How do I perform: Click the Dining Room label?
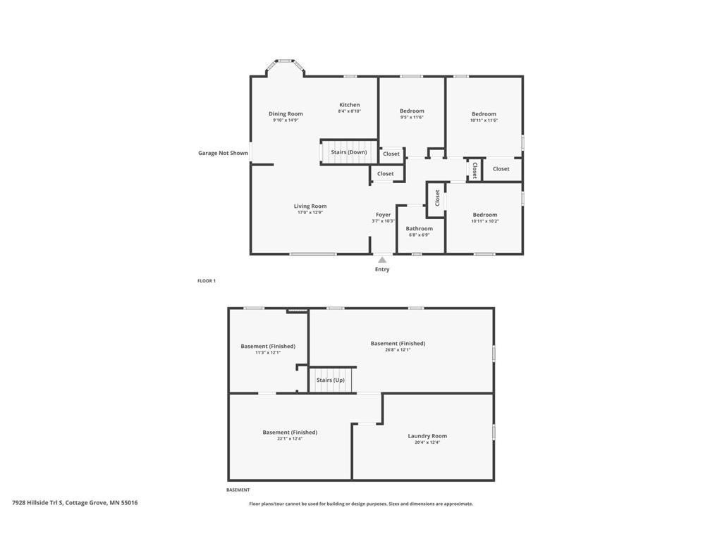tap(286, 113)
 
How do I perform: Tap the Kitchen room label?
tap(349, 105)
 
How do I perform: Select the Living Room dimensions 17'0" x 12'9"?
tap(310, 212)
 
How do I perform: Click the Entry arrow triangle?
tap(382, 260)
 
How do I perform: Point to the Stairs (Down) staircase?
tap(348, 152)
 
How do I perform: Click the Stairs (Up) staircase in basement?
tap(331, 380)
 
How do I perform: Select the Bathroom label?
tap(419, 228)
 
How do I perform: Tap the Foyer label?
tap(383, 215)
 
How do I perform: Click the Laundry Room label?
tap(427, 436)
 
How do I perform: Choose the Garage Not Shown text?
tap(223, 153)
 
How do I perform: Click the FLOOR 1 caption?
tap(207, 281)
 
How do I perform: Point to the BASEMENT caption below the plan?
tap(238, 490)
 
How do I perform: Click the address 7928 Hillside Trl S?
tap(75, 503)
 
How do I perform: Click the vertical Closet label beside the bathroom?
tap(437, 198)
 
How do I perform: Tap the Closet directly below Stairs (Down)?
tap(386, 173)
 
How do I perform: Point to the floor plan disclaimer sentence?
tap(361, 504)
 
